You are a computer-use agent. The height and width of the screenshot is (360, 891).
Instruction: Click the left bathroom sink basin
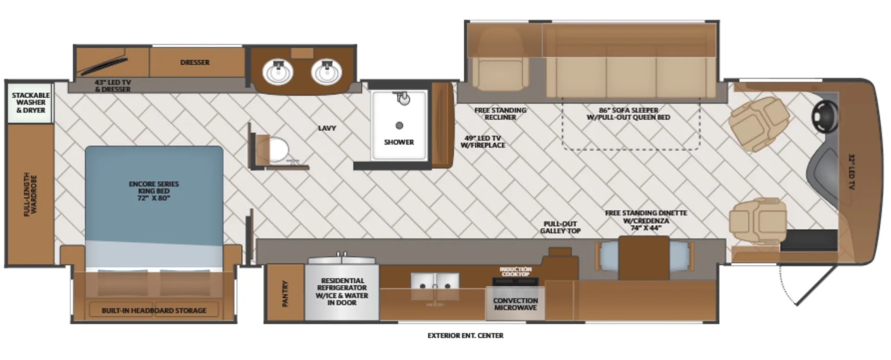tap(278, 72)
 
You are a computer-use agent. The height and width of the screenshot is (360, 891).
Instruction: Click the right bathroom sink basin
tap(327, 72)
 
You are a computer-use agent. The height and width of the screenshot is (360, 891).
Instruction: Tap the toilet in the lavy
tap(277, 149)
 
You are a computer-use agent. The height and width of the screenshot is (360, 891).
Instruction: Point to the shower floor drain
tap(399, 125)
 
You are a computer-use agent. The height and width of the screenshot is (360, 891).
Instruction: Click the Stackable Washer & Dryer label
tap(31, 103)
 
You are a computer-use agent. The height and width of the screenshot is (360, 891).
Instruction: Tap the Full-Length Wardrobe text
tap(30, 194)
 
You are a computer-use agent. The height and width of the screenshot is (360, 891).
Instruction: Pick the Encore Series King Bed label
tap(154, 191)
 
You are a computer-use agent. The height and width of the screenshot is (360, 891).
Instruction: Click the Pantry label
tap(285, 293)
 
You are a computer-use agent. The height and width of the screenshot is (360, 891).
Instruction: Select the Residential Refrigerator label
tap(342, 291)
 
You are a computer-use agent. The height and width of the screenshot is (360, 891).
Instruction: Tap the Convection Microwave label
tap(516, 304)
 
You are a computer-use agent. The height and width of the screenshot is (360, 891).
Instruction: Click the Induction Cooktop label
tap(516, 271)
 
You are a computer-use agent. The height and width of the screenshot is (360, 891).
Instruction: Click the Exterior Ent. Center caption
tap(465, 335)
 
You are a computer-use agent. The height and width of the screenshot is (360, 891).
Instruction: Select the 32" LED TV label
tap(852, 172)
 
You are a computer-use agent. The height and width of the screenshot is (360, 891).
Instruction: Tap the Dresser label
tap(195, 62)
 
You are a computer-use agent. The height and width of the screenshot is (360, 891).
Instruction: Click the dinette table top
tap(644, 258)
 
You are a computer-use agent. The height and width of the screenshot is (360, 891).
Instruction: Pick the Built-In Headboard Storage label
tap(154, 310)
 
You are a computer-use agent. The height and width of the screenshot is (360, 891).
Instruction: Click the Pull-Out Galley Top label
tap(560, 227)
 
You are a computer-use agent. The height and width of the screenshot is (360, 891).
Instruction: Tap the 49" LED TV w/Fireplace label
tap(483, 141)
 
